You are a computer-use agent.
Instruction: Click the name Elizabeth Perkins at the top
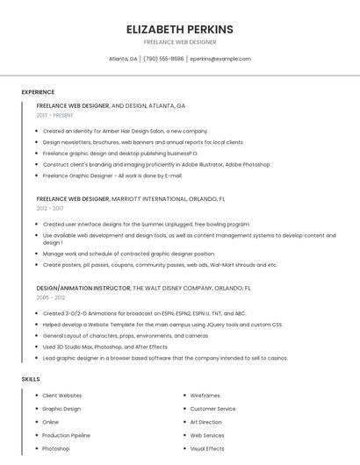click(x=179, y=29)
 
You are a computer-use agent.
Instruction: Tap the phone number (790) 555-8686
click(x=163, y=59)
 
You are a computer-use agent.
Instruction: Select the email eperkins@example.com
click(x=220, y=59)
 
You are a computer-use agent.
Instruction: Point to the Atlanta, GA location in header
click(x=123, y=59)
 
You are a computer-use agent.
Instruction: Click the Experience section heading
click(x=38, y=92)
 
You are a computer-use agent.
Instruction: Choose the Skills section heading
click(x=31, y=379)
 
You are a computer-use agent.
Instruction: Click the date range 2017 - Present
click(x=55, y=115)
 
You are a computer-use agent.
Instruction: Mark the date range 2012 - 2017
click(x=50, y=209)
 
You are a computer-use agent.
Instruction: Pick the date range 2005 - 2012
click(x=51, y=297)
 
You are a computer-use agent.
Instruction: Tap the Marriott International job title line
click(x=131, y=199)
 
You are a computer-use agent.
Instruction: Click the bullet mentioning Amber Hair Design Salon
click(x=125, y=131)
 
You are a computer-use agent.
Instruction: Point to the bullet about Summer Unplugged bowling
click(x=146, y=225)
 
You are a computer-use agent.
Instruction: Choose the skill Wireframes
click(x=205, y=396)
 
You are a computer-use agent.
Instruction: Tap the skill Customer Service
click(x=212, y=409)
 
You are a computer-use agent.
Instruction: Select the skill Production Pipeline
click(x=66, y=435)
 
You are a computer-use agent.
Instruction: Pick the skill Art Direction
click(x=206, y=422)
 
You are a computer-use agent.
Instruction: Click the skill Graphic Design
click(x=61, y=409)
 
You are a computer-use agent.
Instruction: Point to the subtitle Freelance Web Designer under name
click(x=179, y=42)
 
